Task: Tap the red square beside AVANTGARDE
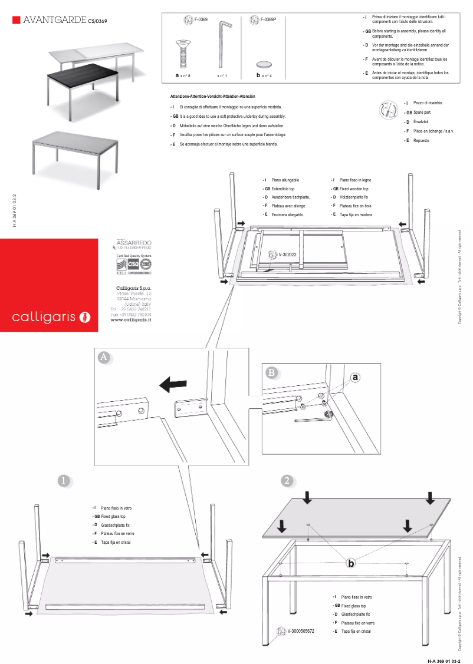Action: click(x=16, y=21)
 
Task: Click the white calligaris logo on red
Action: click(x=51, y=318)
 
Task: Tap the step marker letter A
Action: click(x=104, y=358)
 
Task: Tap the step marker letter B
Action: click(x=271, y=372)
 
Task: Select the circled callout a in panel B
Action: click(x=355, y=378)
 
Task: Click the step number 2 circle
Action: click(x=287, y=481)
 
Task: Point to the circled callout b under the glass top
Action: click(x=351, y=563)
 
